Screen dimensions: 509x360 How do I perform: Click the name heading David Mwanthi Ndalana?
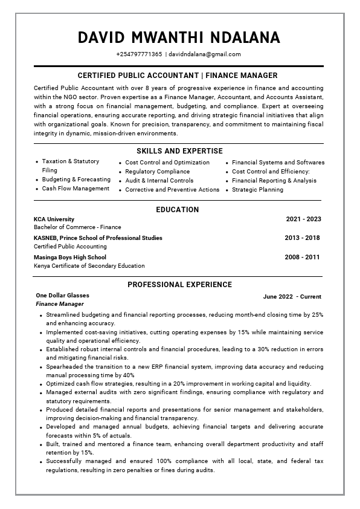179,37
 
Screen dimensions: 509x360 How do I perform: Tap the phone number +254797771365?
139,54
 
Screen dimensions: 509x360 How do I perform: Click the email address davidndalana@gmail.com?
205,54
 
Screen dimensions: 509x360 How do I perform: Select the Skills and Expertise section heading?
179,151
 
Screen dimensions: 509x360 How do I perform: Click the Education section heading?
178,210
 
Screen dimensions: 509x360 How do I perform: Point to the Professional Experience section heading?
179,285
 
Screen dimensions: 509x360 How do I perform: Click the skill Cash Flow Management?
76,189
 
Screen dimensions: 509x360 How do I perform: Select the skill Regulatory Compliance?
157,172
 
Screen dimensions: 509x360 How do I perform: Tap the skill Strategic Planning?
257,190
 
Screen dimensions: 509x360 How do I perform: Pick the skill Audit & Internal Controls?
159,181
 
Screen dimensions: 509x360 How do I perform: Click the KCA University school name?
54,219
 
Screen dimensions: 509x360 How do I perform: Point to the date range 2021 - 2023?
303,219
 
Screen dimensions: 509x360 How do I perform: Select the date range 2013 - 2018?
302,238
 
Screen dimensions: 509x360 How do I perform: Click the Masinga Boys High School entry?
70,257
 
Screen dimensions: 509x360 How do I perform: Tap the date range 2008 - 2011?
302,257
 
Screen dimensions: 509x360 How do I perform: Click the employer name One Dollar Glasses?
62,296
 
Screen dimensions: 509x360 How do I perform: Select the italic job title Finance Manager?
60,304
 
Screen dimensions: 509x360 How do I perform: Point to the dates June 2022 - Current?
292,297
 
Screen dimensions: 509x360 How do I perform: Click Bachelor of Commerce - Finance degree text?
77,227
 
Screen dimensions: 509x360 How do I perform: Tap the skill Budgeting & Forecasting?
76,180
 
